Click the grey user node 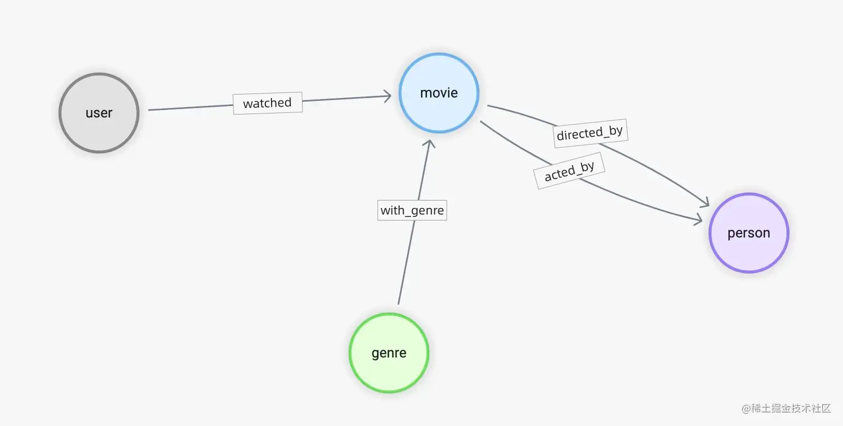(x=99, y=113)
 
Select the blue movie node (x=439, y=93)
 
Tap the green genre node (x=389, y=353)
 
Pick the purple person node (x=749, y=233)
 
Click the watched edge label (x=268, y=103)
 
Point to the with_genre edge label (x=412, y=210)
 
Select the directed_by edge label (x=590, y=133)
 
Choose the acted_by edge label (x=569, y=171)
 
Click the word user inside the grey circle (x=99, y=113)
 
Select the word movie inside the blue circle (x=439, y=93)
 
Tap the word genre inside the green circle (x=389, y=353)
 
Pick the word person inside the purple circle (x=749, y=233)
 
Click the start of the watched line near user (x=151, y=110)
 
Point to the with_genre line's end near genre (x=399, y=302)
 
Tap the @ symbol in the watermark (x=745, y=409)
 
